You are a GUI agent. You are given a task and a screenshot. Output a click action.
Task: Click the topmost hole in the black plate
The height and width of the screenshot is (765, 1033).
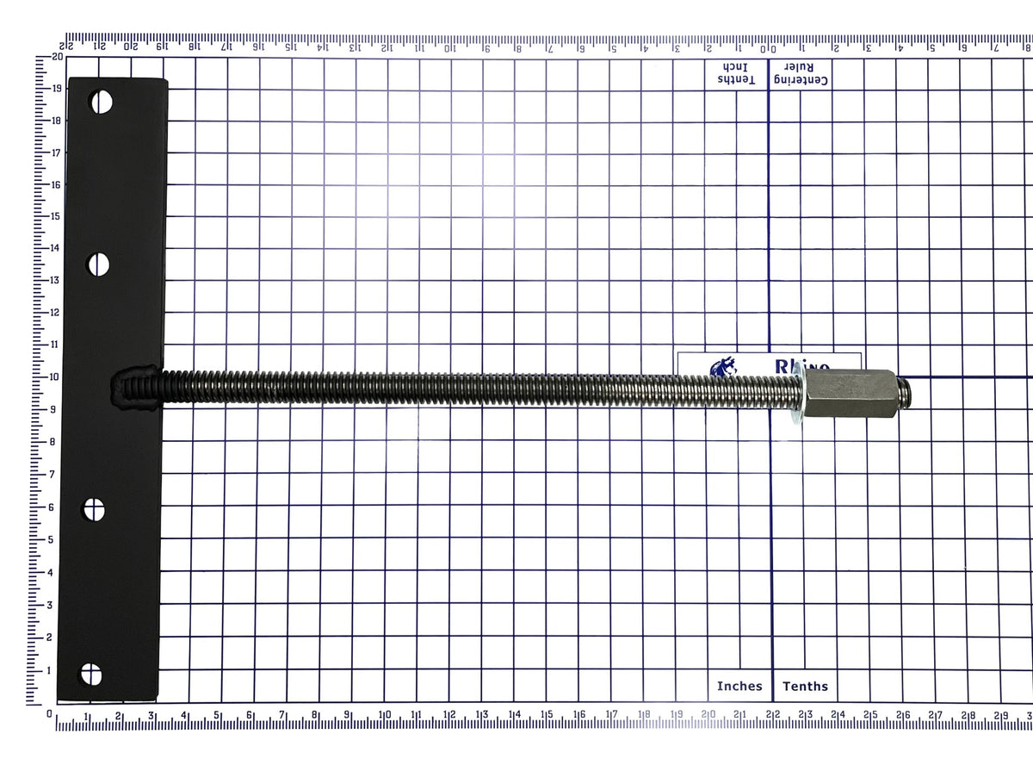coord(102,103)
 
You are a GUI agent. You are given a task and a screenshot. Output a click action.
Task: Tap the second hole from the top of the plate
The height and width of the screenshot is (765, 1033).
coord(99,264)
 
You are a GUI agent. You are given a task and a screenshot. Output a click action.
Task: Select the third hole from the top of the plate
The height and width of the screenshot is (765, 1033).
coord(94,511)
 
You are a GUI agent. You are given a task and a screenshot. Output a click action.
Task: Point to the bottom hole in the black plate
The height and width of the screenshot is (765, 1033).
coord(90,675)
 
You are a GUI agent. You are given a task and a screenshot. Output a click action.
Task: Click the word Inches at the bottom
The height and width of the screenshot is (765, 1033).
coord(739,687)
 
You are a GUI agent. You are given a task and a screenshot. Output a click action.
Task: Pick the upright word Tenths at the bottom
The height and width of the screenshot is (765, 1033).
coord(805,687)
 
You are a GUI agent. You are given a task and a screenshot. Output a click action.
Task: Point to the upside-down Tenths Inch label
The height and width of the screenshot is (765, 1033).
coord(734,73)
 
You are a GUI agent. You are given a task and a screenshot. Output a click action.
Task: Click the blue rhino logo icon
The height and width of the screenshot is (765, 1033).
coord(721,369)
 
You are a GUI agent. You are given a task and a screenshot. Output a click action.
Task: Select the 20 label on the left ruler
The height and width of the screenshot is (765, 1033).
coord(57,56)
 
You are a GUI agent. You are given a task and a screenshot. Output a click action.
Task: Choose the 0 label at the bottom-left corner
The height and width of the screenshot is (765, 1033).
coord(50,714)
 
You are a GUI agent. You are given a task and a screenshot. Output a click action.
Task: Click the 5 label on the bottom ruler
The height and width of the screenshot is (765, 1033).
coord(217,715)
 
